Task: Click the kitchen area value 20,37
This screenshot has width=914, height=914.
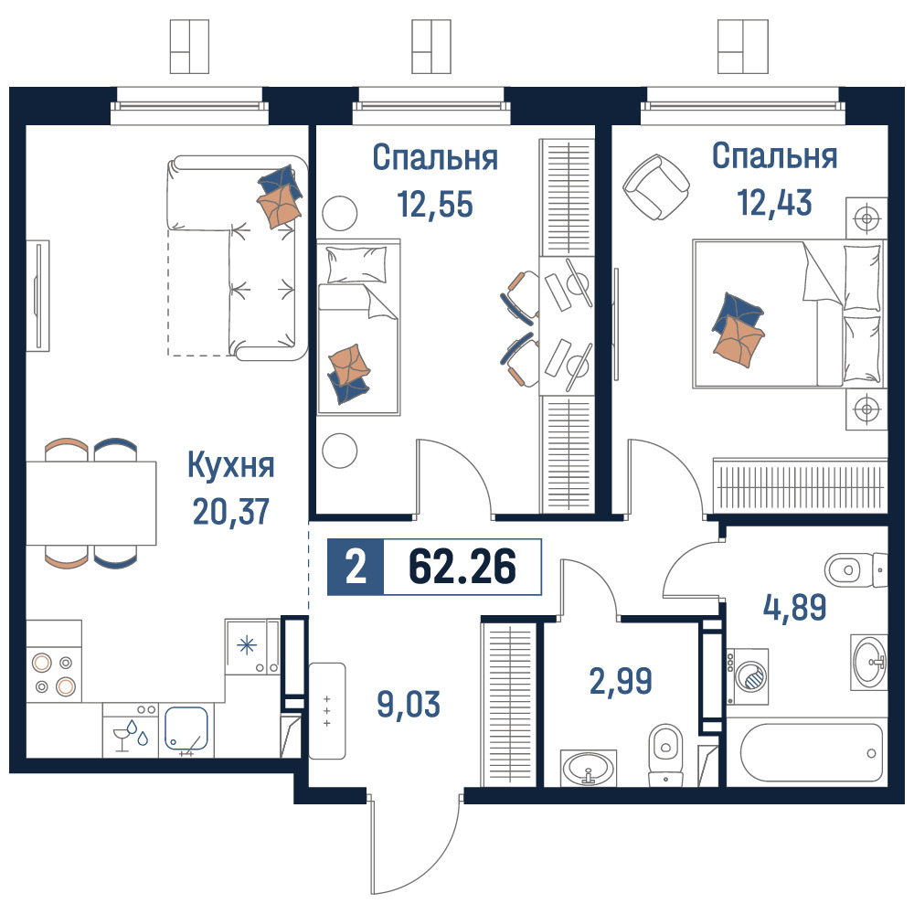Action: [231, 512]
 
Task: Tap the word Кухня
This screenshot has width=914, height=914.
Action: [231, 466]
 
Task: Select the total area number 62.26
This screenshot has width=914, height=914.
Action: [462, 567]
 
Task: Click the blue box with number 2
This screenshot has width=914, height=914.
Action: [356, 568]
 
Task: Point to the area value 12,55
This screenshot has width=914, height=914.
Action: [435, 204]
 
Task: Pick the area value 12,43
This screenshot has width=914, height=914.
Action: [774, 202]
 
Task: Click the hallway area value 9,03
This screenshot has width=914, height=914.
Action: [409, 704]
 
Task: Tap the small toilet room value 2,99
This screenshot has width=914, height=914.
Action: [621, 681]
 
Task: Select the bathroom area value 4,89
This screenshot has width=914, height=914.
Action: [794, 607]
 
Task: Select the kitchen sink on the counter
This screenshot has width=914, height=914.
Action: [186, 728]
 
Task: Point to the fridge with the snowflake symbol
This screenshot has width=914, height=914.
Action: [252, 646]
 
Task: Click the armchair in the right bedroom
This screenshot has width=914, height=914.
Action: [656, 187]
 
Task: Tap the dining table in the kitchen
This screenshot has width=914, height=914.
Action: [90, 503]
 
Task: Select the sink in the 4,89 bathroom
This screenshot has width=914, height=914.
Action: [869, 662]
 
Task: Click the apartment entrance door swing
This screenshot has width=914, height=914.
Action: [416, 845]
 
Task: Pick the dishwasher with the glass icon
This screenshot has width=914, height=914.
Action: [131, 730]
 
